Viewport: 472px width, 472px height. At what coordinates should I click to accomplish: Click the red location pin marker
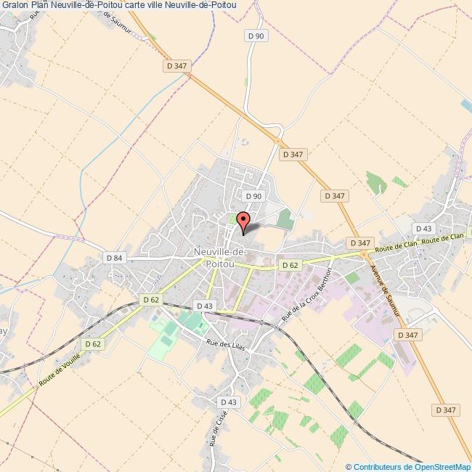[243, 220]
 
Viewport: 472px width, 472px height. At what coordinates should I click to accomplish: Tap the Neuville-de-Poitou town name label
[219, 258]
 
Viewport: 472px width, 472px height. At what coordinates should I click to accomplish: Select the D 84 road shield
[115, 257]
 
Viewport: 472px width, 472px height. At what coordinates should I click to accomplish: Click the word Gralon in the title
[15, 5]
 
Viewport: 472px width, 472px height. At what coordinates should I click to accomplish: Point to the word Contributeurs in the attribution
[378, 467]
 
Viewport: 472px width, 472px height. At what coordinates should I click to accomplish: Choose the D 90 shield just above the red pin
[253, 196]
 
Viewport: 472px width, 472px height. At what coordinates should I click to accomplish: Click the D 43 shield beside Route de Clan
[423, 229]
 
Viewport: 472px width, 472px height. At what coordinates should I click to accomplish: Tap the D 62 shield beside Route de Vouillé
[92, 343]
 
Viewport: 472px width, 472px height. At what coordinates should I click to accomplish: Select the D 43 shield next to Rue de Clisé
[228, 402]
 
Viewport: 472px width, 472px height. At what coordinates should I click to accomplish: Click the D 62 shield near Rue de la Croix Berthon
[290, 265]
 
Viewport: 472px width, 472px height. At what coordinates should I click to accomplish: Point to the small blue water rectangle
[465, 105]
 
